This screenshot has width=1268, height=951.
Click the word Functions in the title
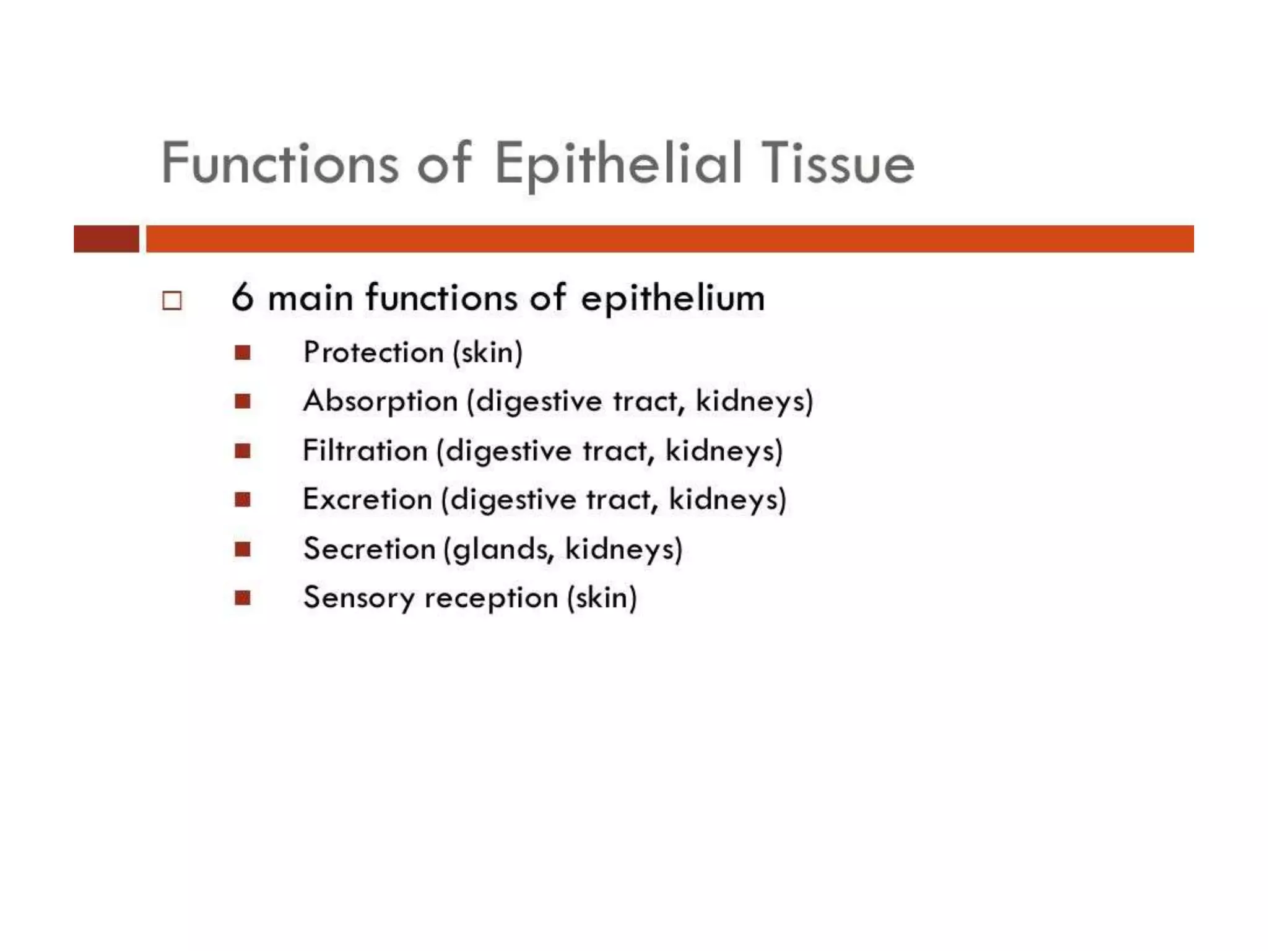[x=280, y=163]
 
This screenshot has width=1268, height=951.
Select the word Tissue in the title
[x=837, y=163]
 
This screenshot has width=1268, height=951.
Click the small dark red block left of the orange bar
[x=106, y=239]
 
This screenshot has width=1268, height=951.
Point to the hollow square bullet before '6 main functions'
[x=172, y=301]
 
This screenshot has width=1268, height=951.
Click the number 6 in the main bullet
[x=243, y=298]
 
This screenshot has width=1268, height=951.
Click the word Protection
[x=373, y=352]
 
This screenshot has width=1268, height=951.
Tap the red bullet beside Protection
[x=243, y=353]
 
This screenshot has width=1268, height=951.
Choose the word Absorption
[x=380, y=401]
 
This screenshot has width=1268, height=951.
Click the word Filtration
[x=365, y=450]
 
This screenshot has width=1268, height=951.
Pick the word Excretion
[x=367, y=499]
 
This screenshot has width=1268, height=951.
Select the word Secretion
[x=369, y=549]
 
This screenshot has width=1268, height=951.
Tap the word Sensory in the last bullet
[x=358, y=598]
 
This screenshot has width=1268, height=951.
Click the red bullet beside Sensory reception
[x=243, y=598]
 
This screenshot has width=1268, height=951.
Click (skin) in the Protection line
[x=488, y=352]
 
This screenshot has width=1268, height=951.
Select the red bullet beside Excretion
[x=243, y=500]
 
